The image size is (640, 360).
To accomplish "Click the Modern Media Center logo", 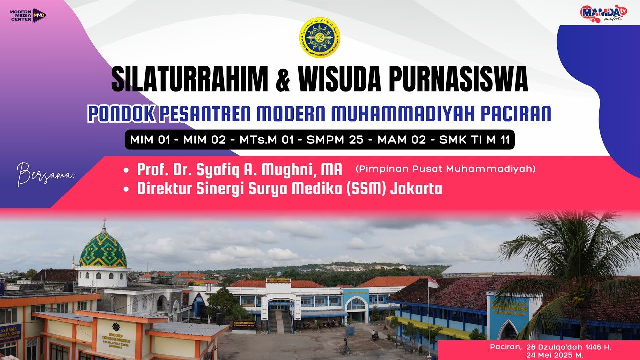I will point(28,15).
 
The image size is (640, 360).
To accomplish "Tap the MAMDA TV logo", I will point(603,13).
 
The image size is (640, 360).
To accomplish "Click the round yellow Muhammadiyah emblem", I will point(319,37).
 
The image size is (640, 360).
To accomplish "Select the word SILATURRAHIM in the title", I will point(190,80).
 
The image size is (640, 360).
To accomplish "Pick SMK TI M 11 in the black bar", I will point(474,140).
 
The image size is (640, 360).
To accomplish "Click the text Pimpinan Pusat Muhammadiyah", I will point(445,169).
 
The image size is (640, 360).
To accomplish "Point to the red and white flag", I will point(433,283).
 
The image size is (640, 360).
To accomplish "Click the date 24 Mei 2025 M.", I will point(548,354).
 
